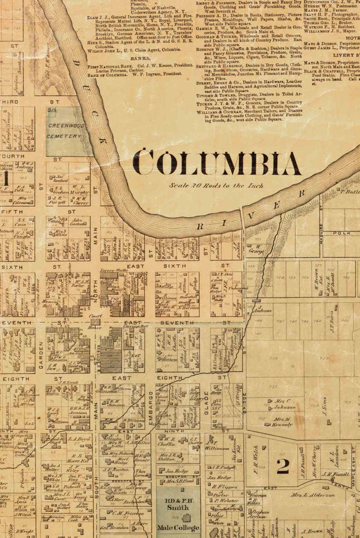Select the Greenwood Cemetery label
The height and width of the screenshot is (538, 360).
tap(65, 131)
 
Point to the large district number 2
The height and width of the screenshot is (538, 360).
tap(282, 465)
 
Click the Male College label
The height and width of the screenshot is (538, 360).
tap(178, 528)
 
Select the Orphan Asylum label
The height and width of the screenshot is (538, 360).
tap(260, 516)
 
